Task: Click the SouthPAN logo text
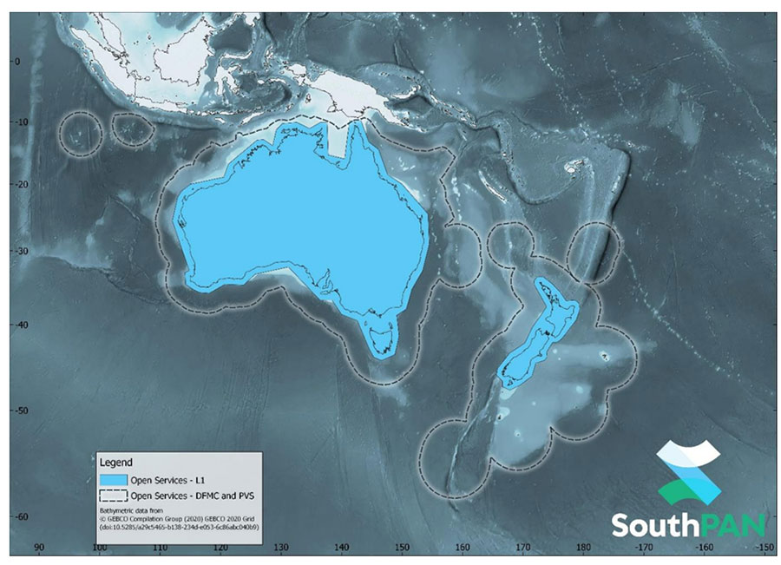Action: point(689,524)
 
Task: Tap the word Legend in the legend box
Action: point(117,463)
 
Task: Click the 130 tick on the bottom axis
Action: point(280,549)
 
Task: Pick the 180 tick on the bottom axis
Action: point(583,549)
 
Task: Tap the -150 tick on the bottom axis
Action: point(765,549)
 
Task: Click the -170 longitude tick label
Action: point(644,549)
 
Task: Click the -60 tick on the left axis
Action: point(12,517)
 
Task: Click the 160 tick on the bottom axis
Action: point(462,549)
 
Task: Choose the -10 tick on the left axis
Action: point(12,123)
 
